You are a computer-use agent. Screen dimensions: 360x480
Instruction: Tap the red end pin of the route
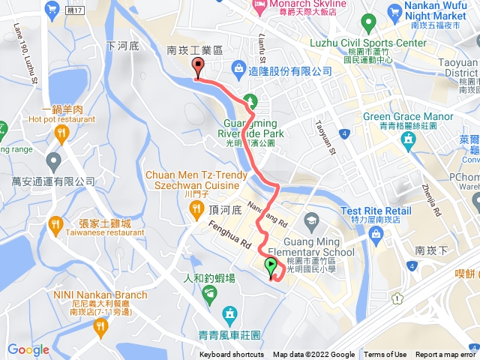pos(198,67)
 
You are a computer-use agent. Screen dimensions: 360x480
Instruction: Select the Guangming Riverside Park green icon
pos(251,99)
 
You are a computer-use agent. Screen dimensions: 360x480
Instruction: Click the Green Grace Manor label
pos(408,116)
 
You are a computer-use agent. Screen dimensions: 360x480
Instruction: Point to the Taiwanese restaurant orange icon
pos(55,223)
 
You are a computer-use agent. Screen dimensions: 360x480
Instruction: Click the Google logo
pos(28,349)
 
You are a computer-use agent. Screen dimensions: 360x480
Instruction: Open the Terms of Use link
pos(385,355)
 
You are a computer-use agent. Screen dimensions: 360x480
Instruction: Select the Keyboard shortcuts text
pos(232,355)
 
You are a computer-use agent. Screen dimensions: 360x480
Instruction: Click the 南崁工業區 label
pos(195,49)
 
